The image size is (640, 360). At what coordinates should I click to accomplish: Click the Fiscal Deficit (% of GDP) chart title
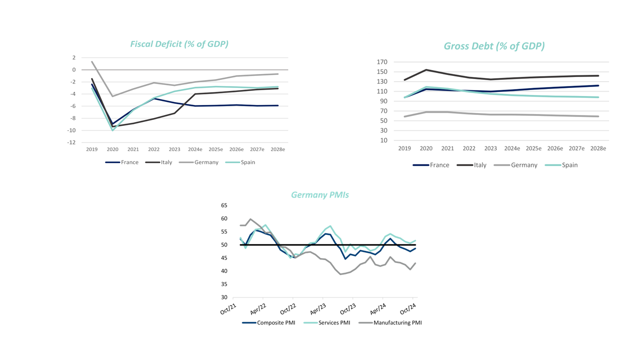(179, 44)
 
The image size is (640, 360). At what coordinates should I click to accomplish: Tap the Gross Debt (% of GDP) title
(494, 46)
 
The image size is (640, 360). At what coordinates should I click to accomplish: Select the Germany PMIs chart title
(319, 195)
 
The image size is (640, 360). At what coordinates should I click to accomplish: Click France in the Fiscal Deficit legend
(129, 162)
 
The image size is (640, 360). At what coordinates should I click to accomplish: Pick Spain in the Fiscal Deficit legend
(247, 162)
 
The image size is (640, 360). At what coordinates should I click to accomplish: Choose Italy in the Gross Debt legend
(480, 165)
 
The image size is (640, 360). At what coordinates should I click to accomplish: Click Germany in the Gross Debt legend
(524, 165)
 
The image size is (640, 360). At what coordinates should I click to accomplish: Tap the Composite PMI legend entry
(276, 322)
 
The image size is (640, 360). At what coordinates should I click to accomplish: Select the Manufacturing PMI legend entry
(397, 322)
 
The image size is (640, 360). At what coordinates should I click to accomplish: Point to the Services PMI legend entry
(334, 322)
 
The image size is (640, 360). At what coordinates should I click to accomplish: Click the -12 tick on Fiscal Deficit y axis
(71, 142)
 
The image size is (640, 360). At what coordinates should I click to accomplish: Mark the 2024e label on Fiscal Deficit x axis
(195, 149)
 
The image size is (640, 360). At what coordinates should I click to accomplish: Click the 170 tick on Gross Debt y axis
(382, 62)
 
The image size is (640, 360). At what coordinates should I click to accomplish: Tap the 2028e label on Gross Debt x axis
(598, 148)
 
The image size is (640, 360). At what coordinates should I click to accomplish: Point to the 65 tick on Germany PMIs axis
(224, 205)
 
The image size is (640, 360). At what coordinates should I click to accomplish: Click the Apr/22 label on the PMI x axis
(258, 309)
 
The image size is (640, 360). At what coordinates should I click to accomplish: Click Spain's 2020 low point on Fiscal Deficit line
(112, 130)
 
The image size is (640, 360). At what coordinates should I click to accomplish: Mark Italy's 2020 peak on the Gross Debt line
(426, 69)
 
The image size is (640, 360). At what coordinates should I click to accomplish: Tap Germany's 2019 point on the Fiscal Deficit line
(92, 61)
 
